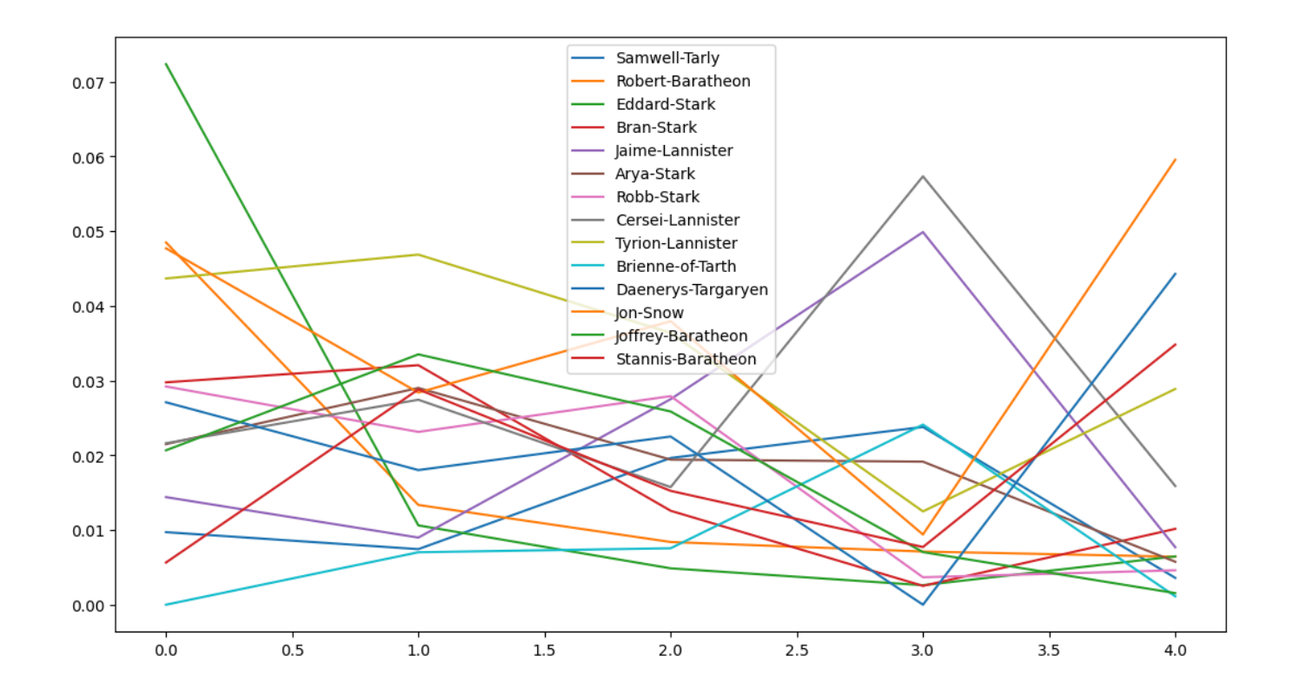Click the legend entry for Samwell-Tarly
click(667, 59)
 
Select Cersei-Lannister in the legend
click(677, 221)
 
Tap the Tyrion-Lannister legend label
click(676, 243)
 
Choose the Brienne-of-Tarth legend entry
click(675, 267)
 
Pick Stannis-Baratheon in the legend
click(686, 359)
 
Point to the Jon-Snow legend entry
click(649, 313)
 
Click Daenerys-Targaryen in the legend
click(692, 289)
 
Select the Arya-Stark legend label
click(655, 174)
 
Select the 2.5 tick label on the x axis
click(796, 649)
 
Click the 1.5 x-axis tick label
click(544, 649)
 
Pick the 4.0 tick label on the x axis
click(1175, 649)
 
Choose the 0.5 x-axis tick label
click(292, 649)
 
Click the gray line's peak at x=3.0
click(923, 176)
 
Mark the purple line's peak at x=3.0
click(923, 232)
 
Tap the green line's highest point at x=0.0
click(166, 63)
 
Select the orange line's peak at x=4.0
click(1175, 160)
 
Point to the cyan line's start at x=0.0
click(166, 605)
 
